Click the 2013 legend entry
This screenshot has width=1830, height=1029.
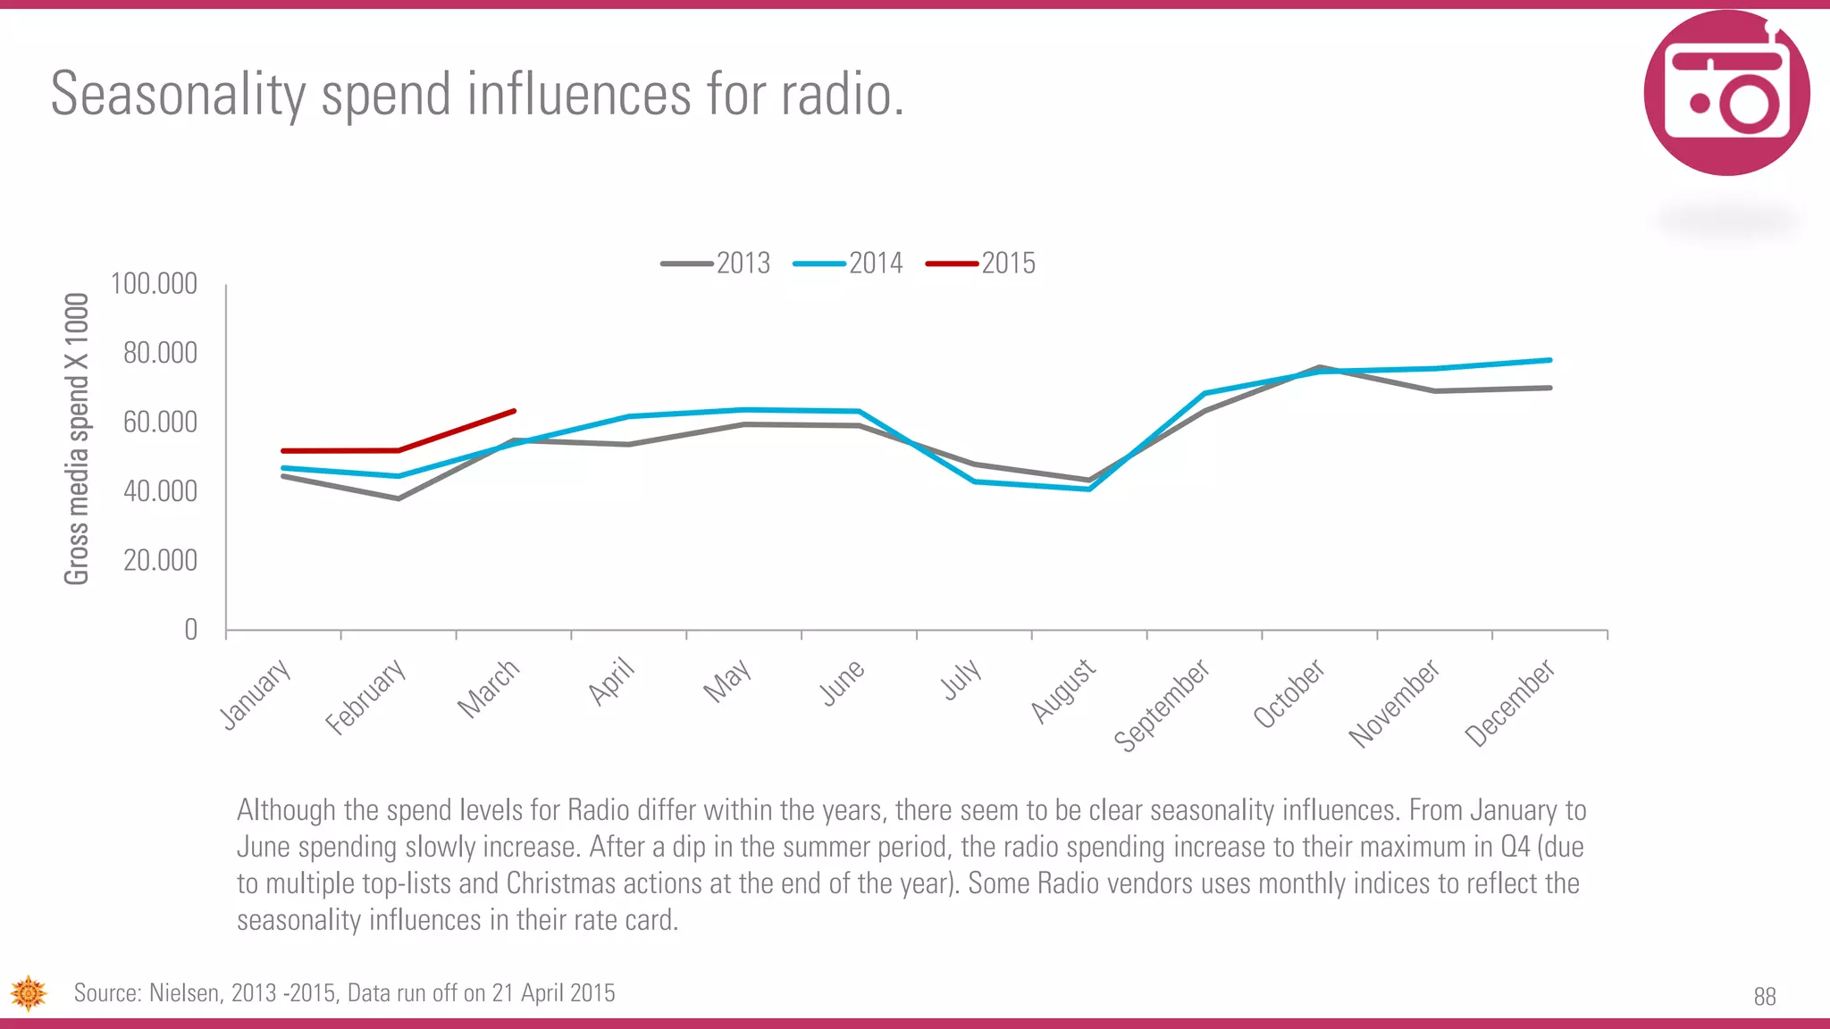pos(717,264)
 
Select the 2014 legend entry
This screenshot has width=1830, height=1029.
pos(849,264)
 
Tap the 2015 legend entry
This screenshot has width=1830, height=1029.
pos(981,264)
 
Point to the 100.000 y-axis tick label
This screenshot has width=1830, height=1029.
pos(154,284)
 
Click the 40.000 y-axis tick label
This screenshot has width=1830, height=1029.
pos(160,491)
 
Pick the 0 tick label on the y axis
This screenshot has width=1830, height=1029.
pos(190,630)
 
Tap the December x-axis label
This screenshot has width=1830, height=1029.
pos(1510,703)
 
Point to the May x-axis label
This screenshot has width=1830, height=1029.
pos(727,682)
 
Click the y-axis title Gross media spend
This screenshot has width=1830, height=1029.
pos(77,439)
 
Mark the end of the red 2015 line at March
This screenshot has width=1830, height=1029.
pos(515,411)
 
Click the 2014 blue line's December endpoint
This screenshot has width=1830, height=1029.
pos(1549,360)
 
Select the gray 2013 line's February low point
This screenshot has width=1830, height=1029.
pos(399,498)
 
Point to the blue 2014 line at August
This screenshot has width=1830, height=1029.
pos(1090,489)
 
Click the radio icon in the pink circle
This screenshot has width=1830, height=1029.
pos(1726,93)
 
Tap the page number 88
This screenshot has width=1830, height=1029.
pos(1764,997)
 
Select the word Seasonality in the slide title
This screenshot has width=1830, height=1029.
pos(178,94)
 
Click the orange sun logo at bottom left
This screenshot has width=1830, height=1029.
pos(28,993)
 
